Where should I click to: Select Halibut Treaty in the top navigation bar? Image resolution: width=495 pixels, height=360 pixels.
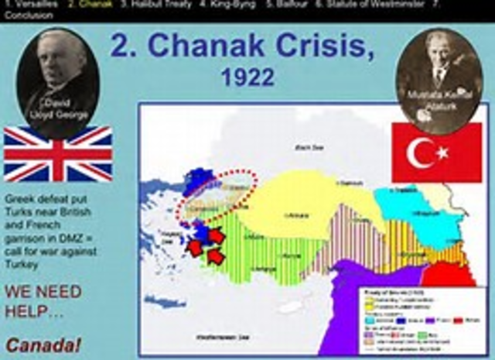pyautogui.click(x=155, y=5)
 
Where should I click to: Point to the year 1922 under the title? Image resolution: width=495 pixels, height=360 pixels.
pyautogui.click(x=247, y=77)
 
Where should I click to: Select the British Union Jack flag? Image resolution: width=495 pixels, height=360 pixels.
pyautogui.click(x=58, y=154)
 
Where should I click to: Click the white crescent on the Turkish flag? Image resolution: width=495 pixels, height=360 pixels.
pyautogui.click(x=421, y=153)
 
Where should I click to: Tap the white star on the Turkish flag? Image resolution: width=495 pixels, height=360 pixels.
pyautogui.click(x=442, y=153)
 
